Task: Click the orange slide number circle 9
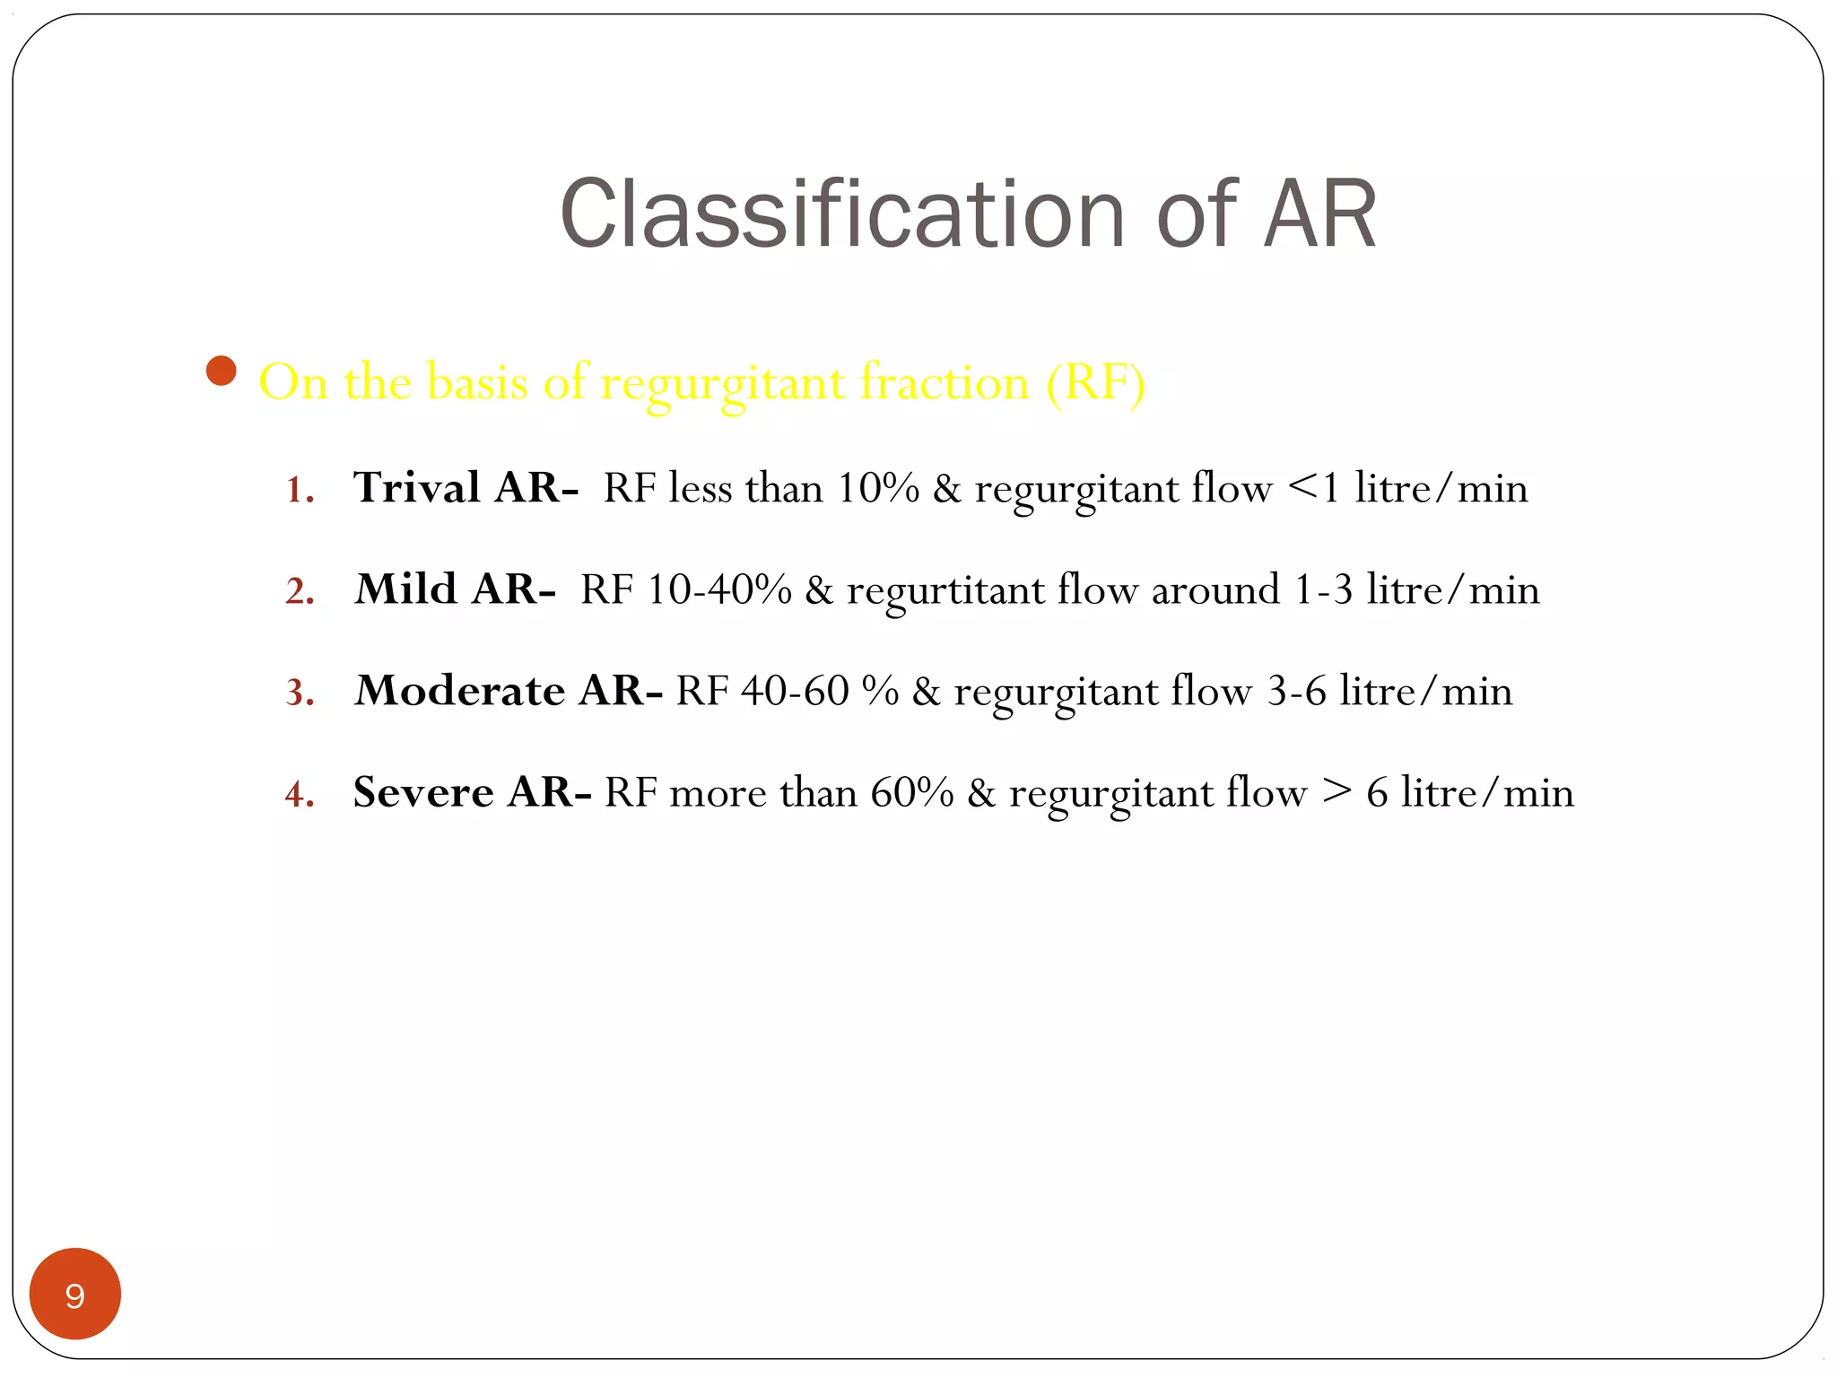[75, 1294]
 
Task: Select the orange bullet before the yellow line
[221, 371]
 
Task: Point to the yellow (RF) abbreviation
[1095, 383]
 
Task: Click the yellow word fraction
[945, 383]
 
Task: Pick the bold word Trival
[417, 488]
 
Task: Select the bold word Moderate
[460, 691]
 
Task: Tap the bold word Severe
[423, 792]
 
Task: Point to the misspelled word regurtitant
[945, 591]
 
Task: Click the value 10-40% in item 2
[718, 590]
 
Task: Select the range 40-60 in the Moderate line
[795, 691]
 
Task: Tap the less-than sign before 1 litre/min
[1302, 488]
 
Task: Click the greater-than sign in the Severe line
[1336, 792]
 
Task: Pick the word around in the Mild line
[1215, 590]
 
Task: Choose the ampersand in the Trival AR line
[946, 489]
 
